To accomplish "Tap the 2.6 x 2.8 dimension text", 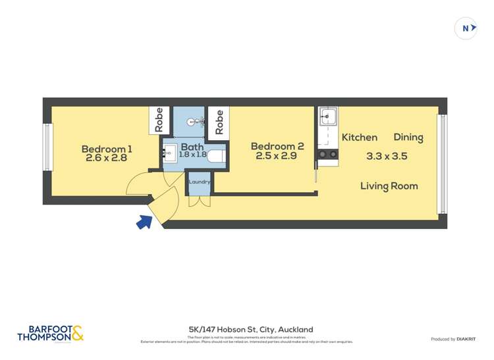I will (105, 158).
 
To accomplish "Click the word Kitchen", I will (359, 138).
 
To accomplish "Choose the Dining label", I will (408, 138).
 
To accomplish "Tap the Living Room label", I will (389, 186).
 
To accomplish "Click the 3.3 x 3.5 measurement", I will (387, 157).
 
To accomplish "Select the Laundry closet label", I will (199, 182).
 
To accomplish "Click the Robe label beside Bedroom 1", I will (159, 120).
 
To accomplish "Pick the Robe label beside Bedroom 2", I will (219, 121).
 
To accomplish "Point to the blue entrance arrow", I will (144, 222).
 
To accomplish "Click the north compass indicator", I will (466, 28).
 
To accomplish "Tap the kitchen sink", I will (327, 118).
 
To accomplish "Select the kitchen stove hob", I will (327, 154).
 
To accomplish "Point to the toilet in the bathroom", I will (220, 155).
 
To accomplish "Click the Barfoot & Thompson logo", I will (51, 334).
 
